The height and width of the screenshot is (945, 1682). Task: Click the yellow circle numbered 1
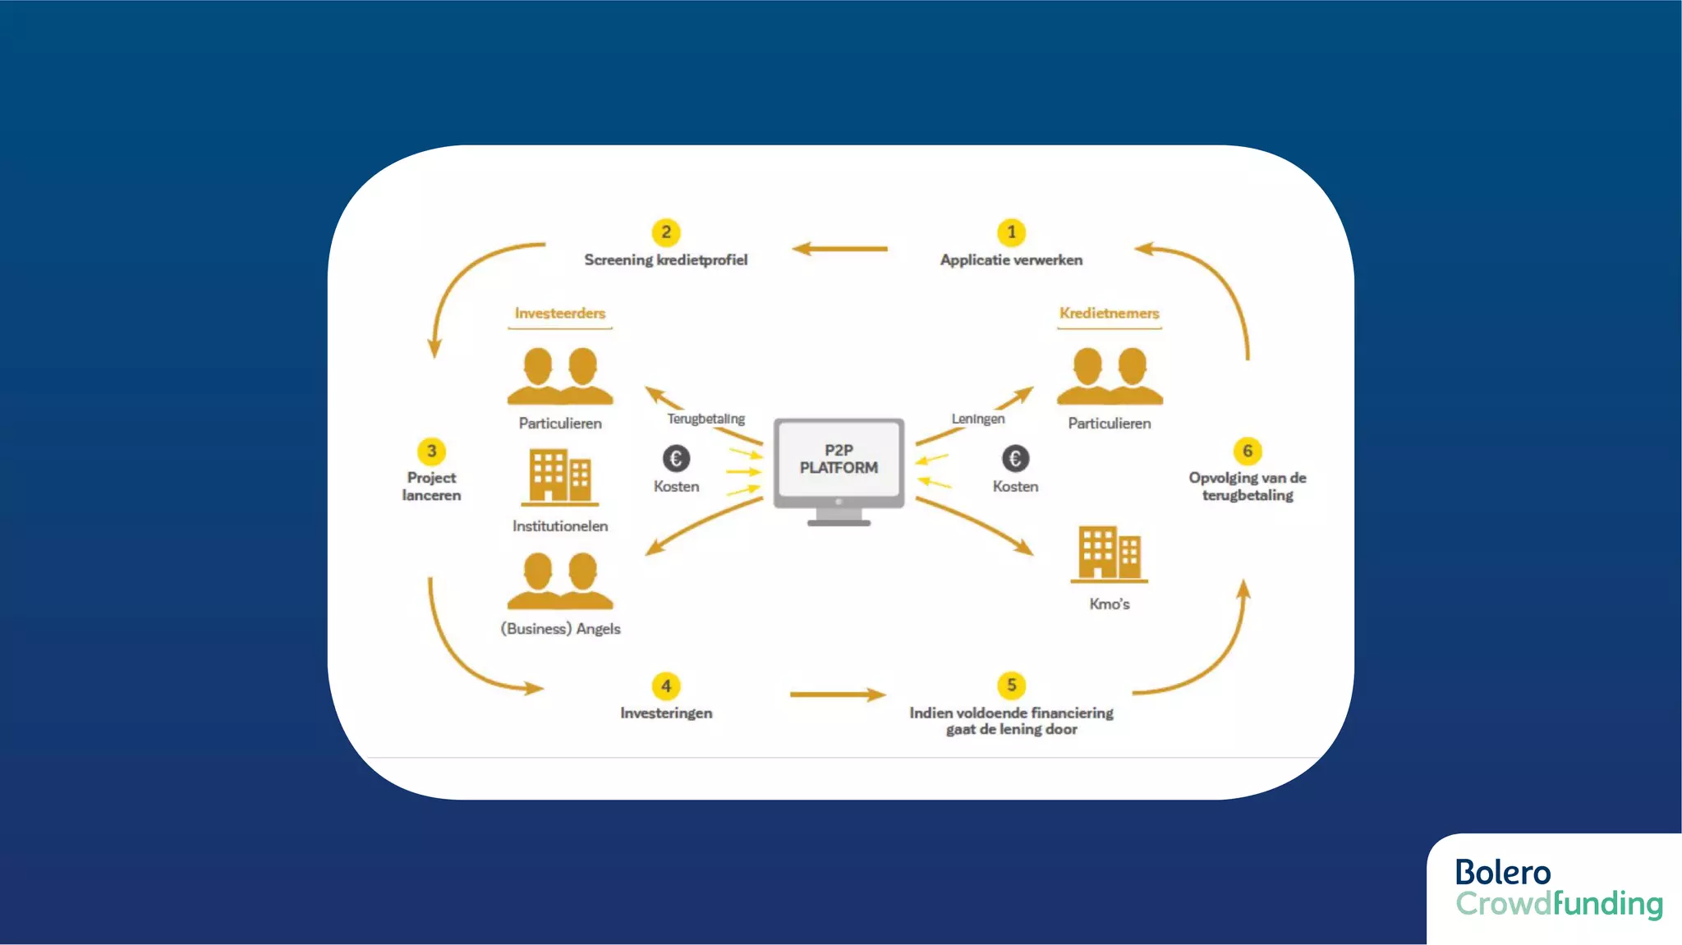click(1011, 232)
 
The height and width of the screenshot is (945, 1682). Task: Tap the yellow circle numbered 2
click(666, 232)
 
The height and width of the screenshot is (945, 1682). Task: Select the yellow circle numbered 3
click(431, 451)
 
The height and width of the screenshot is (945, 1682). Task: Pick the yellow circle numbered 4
click(666, 686)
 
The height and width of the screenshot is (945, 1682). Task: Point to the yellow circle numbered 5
click(1011, 685)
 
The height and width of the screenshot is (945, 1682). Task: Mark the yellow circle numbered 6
click(1247, 451)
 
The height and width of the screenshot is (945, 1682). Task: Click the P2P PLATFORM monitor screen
click(839, 459)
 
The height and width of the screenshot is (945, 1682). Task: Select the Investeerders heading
click(560, 313)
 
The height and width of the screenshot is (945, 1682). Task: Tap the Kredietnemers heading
click(1109, 313)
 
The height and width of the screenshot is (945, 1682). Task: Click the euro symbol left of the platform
click(676, 458)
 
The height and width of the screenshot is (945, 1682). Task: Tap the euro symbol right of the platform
click(1015, 458)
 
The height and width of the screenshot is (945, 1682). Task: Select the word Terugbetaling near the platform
click(705, 419)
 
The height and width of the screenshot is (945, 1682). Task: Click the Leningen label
click(977, 419)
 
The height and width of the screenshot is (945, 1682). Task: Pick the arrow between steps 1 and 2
click(839, 248)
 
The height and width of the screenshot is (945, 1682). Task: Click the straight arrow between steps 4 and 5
click(838, 695)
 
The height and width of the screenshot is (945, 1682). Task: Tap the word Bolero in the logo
click(1502, 872)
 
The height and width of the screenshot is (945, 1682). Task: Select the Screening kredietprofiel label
click(666, 259)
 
